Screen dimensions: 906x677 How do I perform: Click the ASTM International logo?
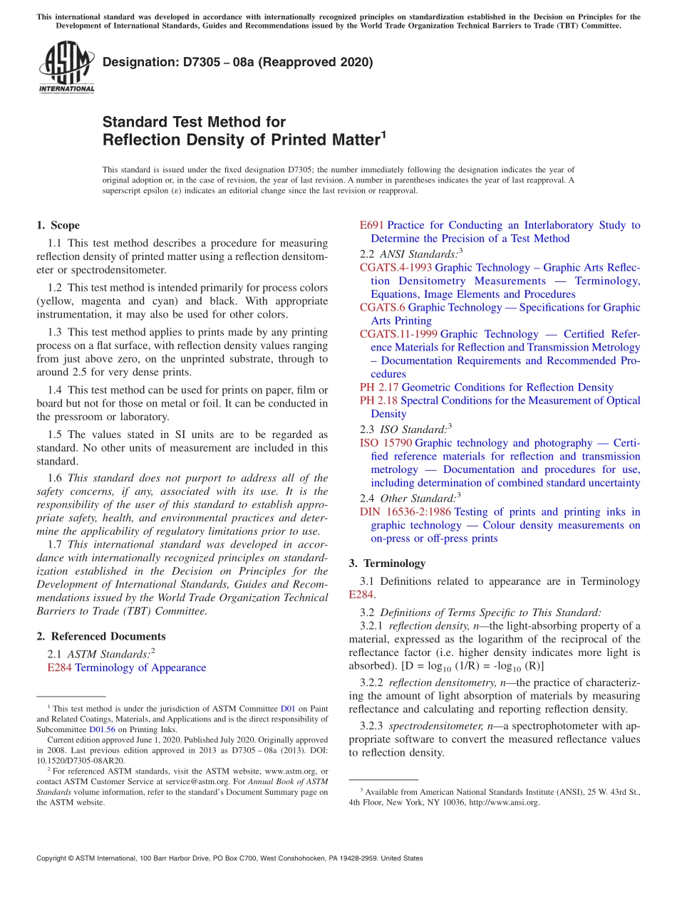(x=66, y=67)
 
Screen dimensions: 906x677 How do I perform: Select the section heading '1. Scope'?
(x=58, y=225)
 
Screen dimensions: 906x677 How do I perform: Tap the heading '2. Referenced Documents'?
(x=100, y=636)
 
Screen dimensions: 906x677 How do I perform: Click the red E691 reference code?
(x=371, y=225)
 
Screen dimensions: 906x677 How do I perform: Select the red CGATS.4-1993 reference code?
(x=396, y=267)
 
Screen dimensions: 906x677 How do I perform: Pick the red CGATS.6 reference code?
(x=382, y=307)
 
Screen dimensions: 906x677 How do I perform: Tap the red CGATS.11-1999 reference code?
(x=398, y=334)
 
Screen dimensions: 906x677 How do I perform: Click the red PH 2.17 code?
(x=379, y=387)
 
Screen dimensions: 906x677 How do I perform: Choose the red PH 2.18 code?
(x=379, y=400)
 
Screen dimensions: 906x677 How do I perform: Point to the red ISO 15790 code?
(x=386, y=443)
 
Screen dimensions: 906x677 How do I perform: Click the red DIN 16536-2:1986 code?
(x=405, y=512)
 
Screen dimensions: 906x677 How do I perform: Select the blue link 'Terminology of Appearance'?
(x=140, y=667)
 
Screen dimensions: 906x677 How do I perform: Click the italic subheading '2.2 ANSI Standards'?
(x=411, y=254)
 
